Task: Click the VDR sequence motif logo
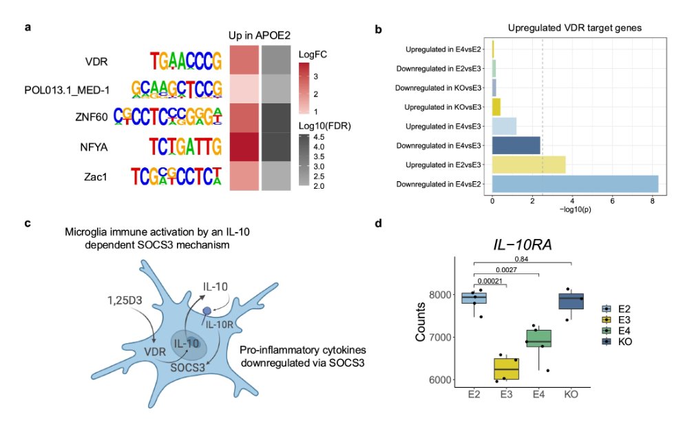point(186,62)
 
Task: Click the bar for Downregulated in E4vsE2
point(575,184)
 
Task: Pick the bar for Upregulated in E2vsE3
point(529,165)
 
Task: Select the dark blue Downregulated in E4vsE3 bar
point(516,145)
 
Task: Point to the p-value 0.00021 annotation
point(490,282)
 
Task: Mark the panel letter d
point(377,224)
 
